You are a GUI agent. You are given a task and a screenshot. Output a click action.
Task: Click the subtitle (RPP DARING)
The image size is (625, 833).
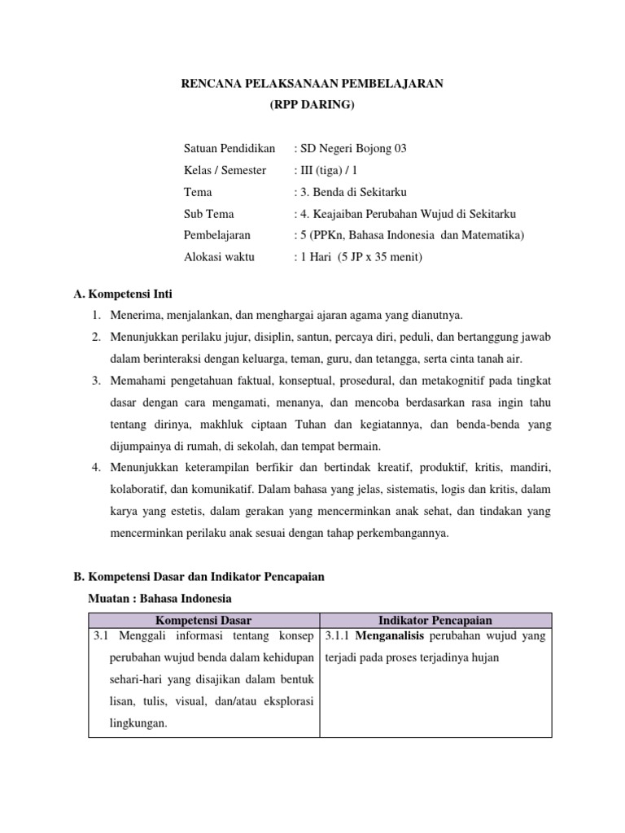(312, 106)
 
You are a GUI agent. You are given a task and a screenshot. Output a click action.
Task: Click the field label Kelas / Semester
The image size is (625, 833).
(225, 171)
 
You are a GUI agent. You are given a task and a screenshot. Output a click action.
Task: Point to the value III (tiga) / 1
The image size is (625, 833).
(329, 171)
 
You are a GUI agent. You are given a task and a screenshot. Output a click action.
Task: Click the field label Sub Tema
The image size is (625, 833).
(209, 214)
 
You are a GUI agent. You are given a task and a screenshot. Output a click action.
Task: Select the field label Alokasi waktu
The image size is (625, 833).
(219, 257)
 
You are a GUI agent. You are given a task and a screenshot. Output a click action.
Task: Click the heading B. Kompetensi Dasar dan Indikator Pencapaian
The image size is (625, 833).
(199, 577)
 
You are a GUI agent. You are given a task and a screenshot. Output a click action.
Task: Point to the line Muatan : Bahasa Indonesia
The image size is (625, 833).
(159, 598)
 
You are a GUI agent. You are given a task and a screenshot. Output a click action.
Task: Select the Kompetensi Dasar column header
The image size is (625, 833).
(203, 620)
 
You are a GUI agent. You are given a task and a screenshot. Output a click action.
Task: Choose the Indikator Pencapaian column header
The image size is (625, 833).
(436, 620)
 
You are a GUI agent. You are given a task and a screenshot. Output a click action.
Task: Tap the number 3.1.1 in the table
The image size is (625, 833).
(339, 635)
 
